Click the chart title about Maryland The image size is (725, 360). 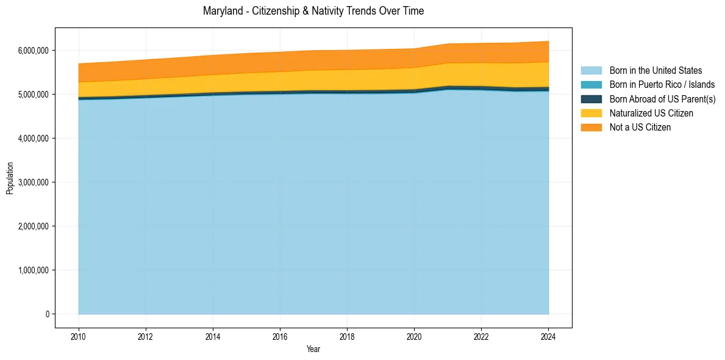click(313, 11)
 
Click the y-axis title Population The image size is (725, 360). click(10, 178)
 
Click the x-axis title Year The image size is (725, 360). click(313, 350)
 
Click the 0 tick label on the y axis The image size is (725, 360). click(46, 314)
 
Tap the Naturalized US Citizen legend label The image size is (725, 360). click(651, 113)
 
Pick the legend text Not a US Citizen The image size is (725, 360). click(640, 128)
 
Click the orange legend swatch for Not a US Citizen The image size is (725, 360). click(591, 128)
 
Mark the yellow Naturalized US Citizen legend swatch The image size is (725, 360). click(591, 113)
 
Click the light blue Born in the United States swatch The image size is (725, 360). click(591, 71)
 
